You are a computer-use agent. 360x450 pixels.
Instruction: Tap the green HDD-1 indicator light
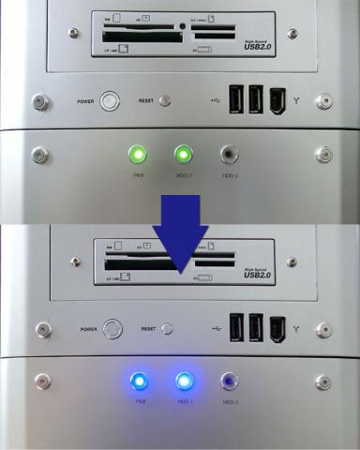[183, 154]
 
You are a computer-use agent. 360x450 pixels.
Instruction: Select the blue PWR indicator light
[139, 382]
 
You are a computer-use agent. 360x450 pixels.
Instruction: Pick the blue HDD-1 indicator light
[183, 382]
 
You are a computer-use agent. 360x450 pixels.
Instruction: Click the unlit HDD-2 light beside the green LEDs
[228, 154]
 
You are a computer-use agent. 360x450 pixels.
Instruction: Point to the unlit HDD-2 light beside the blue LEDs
[228, 382]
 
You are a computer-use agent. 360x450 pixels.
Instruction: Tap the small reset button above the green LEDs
[166, 100]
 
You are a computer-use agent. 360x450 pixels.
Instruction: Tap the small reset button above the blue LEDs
[167, 329]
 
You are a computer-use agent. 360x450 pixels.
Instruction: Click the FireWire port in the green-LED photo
[277, 99]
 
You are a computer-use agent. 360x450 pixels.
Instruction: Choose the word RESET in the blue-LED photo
[148, 329]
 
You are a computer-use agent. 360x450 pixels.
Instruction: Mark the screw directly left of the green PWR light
[39, 154]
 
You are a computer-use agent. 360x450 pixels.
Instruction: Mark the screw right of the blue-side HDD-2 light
[322, 382]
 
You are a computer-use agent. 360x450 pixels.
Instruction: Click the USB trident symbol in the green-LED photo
[217, 100]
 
